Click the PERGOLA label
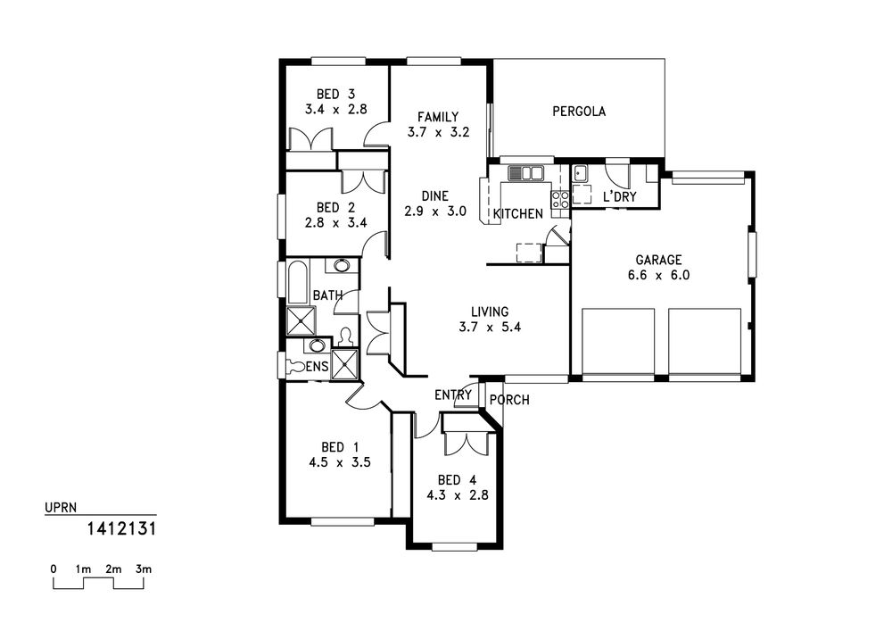pyautogui.click(x=579, y=111)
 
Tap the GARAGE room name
pyautogui.click(x=658, y=260)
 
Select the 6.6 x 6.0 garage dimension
pyautogui.click(x=658, y=276)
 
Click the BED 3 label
pyautogui.click(x=335, y=94)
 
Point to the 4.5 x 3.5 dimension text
pyautogui.click(x=340, y=462)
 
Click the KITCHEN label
pyautogui.click(x=518, y=214)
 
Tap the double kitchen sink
pyautogui.click(x=526, y=173)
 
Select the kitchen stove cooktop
pyautogui.click(x=559, y=199)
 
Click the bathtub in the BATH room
pyautogui.click(x=298, y=282)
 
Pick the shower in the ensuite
pyautogui.click(x=344, y=363)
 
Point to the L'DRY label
pyautogui.click(x=620, y=197)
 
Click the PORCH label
pyautogui.click(x=509, y=400)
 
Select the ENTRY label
pyautogui.click(x=453, y=394)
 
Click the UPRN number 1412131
pyautogui.click(x=121, y=528)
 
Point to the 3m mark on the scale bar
pyautogui.click(x=144, y=569)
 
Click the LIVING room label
pyautogui.click(x=490, y=311)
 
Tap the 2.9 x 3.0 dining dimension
pyautogui.click(x=435, y=212)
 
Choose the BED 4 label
pyautogui.click(x=457, y=479)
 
